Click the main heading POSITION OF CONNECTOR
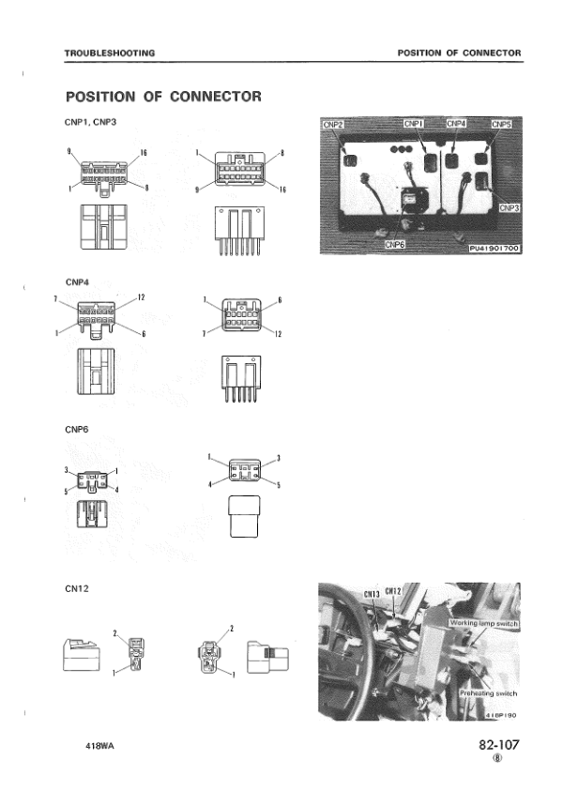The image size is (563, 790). tap(162, 97)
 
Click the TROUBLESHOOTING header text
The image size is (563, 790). tap(109, 53)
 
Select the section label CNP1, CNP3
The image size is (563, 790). tap(90, 122)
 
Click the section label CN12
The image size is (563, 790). tap(77, 587)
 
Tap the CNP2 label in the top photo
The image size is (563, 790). tap(333, 124)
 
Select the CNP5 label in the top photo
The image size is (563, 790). tap(502, 124)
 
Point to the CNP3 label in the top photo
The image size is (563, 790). tap(510, 207)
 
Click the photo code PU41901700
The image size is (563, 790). tap(494, 249)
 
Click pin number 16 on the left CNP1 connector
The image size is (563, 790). tap(145, 152)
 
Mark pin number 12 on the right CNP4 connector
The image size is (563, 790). tap(279, 334)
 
